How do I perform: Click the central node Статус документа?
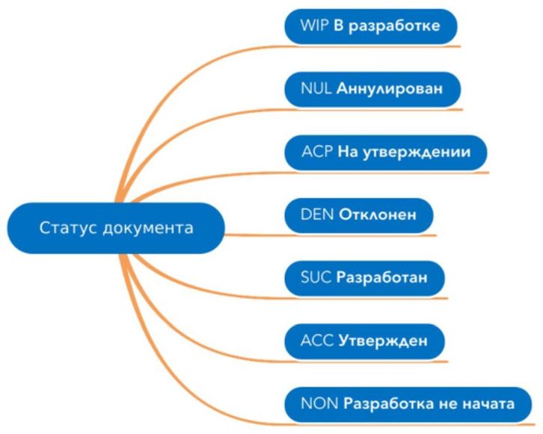pos(116,227)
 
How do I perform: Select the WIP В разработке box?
pos(370,27)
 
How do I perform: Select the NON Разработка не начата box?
pos(408,404)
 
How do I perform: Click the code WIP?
pos(313,27)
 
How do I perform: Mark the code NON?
pos(318,404)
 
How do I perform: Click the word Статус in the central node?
pos(67,227)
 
